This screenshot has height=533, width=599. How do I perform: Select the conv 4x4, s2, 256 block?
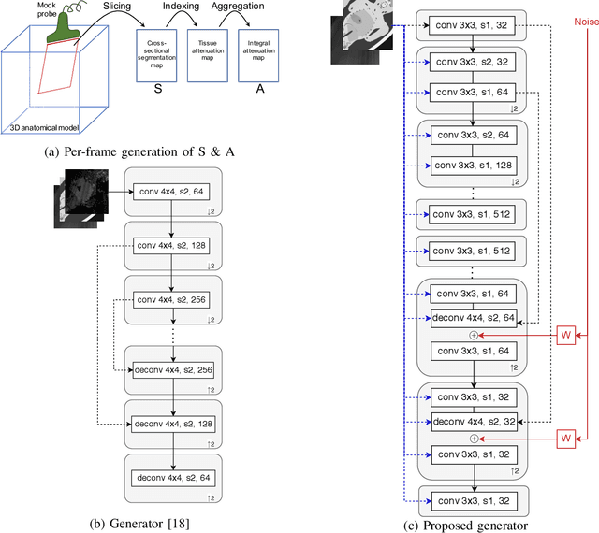point(171,299)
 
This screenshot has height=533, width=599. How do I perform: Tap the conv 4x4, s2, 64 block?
point(171,191)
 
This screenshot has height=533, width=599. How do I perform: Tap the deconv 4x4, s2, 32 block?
point(473,420)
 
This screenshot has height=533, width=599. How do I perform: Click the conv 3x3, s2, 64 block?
point(473,135)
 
